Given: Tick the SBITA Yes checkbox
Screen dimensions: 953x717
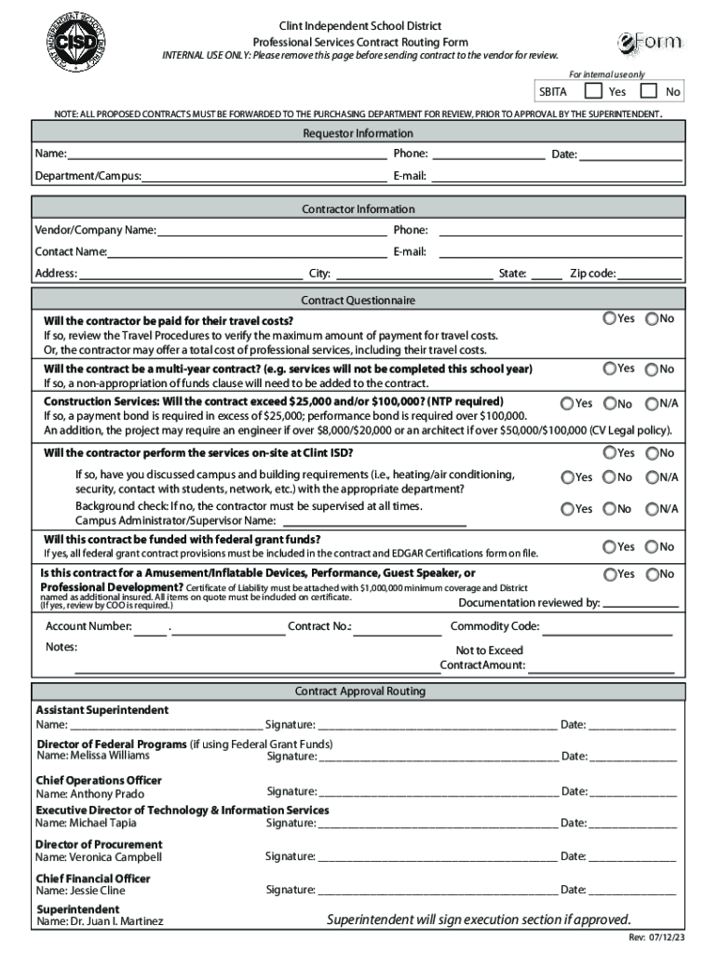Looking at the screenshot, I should pyautogui.click(x=591, y=91).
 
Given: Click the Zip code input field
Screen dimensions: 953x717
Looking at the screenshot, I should pyautogui.click(x=649, y=274).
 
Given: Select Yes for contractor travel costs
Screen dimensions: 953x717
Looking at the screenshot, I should pyautogui.click(x=609, y=319).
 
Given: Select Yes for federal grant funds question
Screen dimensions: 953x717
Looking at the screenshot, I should pyautogui.click(x=609, y=546).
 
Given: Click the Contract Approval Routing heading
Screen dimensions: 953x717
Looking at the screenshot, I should pyautogui.click(x=358, y=691).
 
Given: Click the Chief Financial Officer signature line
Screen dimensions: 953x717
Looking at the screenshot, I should pyautogui.click(x=438, y=891).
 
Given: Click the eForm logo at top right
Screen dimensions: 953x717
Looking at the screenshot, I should pyautogui.click(x=650, y=43).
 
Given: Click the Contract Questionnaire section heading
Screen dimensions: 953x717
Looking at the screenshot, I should pyautogui.click(x=358, y=301).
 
